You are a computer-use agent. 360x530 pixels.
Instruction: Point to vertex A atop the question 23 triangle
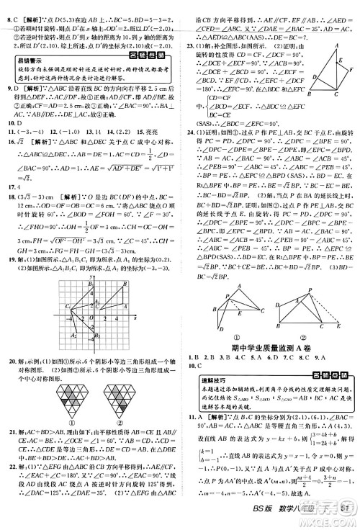click(336, 44)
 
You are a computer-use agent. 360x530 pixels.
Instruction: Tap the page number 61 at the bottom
click(346, 522)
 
